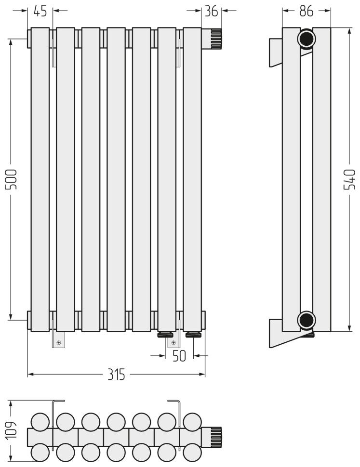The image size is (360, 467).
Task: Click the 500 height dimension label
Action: click(x=11, y=179)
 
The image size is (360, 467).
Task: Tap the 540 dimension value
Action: click(x=349, y=179)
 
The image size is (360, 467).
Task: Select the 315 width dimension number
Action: click(x=116, y=375)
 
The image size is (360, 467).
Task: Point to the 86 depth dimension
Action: click(x=307, y=11)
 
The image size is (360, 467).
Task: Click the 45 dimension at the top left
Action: click(x=40, y=11)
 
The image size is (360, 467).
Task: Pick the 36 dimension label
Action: click(x=212, y=11)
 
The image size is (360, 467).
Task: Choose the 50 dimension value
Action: click(x=179, y=356)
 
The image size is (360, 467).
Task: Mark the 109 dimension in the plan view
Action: click(x=11, y=430)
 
